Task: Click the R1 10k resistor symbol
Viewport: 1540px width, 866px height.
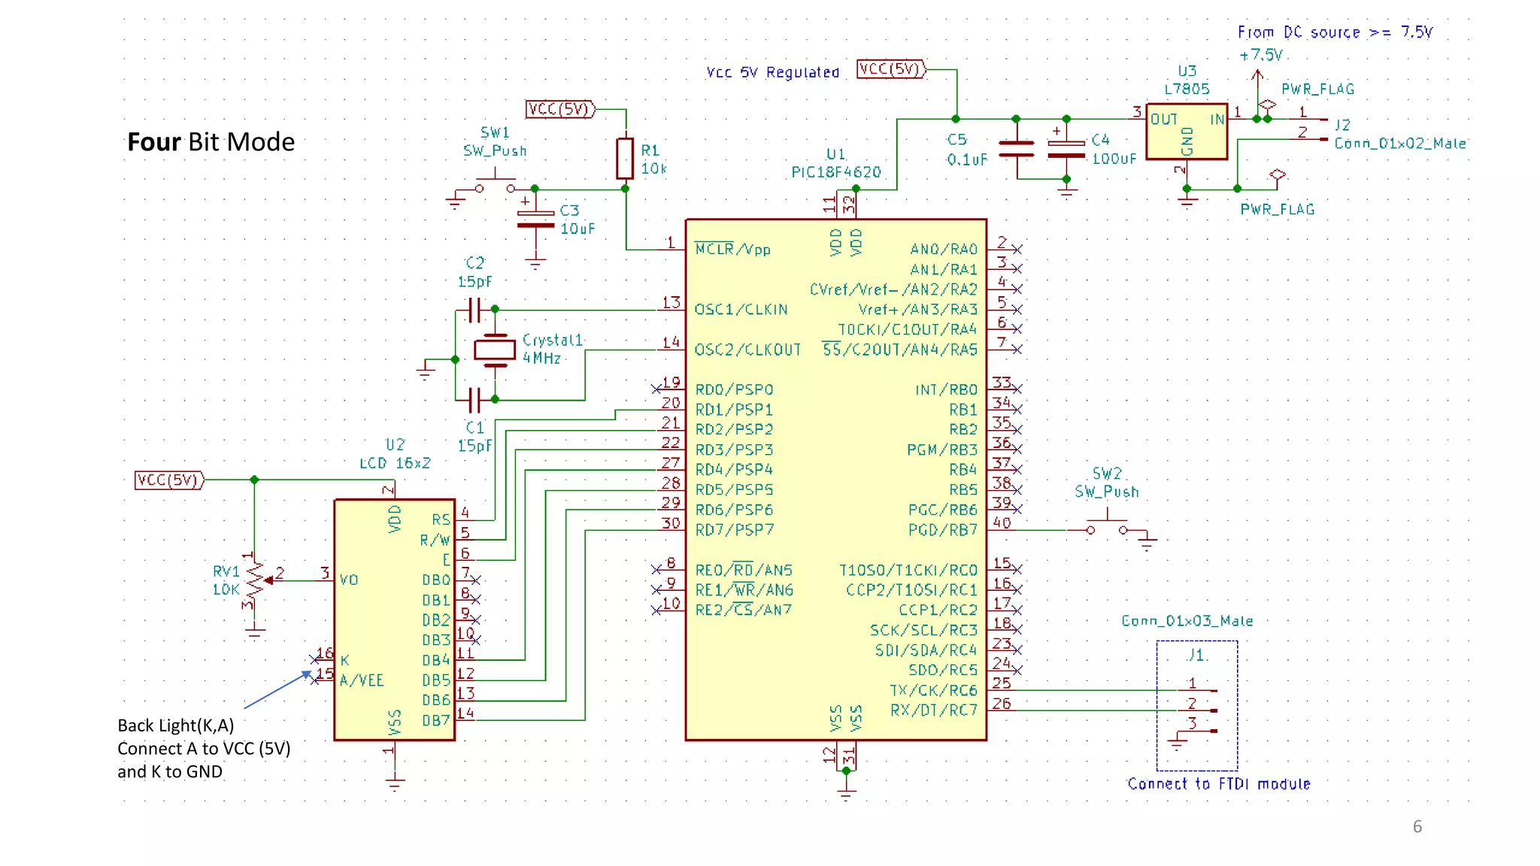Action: [624, 159]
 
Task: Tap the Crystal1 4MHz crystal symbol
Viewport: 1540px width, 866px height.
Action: [495, 350]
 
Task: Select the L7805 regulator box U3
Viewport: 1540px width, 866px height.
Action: [1187, 132]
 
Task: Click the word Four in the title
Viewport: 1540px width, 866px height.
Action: [154, 142]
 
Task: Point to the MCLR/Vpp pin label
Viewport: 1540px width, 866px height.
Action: [732, 250]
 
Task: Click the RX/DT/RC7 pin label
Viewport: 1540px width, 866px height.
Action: [933, 710]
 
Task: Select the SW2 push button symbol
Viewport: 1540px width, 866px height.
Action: [1107, 525]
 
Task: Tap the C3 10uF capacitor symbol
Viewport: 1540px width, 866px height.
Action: [535, 219]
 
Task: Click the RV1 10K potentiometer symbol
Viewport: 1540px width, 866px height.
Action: [255, 581]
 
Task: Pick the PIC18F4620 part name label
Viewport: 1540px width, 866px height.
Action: [835, 172]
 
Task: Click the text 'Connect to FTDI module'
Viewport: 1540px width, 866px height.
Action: [1218, 784]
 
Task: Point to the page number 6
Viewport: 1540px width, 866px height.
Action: [1417, 826]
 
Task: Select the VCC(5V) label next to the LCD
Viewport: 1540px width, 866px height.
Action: [169, 480]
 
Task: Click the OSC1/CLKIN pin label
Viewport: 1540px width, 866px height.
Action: [741, 310]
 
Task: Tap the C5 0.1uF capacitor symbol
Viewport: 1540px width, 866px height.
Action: [1016, 149]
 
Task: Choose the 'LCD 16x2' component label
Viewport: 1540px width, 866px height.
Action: [395, 463]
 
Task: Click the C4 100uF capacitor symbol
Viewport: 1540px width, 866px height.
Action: [1066, 149]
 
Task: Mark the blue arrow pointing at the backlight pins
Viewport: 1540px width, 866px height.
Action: [275, 690]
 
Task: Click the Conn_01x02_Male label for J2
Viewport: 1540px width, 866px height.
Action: [1400, 143]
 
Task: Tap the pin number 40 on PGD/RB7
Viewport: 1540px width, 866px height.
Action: [1002, 522]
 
